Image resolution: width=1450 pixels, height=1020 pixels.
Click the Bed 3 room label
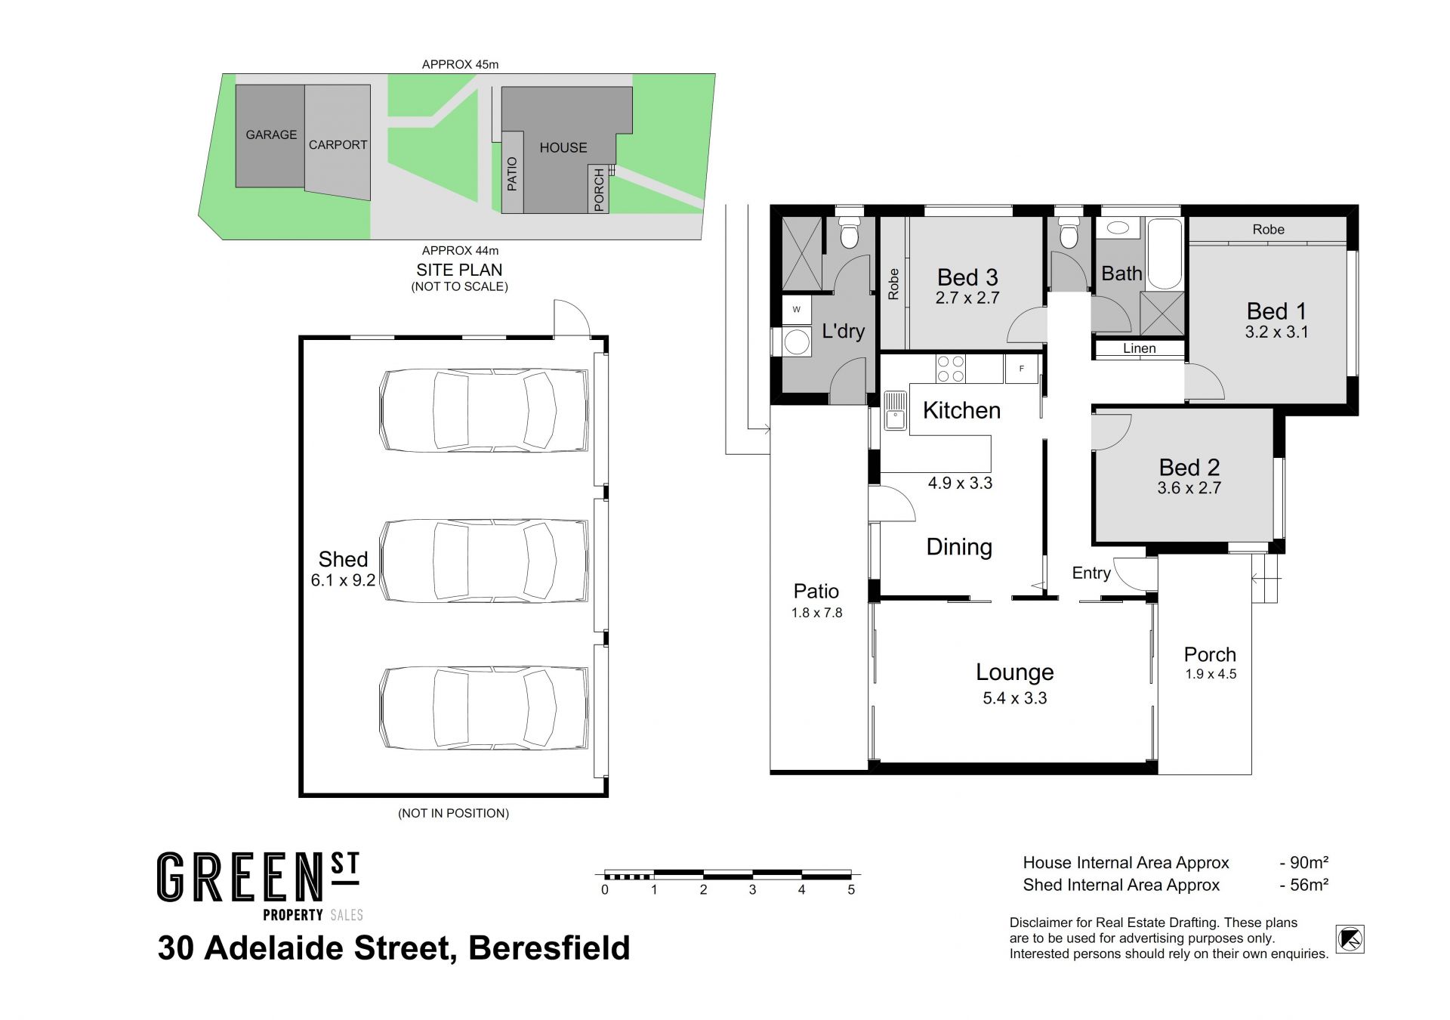click(967, 277)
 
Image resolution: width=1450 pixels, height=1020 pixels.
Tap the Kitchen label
click(961, 410)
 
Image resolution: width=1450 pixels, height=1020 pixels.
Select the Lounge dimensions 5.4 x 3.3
click(1014, 698)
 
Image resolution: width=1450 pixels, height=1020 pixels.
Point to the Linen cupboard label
click(1139, 348)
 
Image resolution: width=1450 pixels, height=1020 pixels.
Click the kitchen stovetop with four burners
click(951, 369)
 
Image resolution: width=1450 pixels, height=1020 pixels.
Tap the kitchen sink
click(895, 410)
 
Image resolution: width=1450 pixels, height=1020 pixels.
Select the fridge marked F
click(1021, 369)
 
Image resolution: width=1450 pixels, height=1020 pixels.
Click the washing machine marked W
click(796, 310)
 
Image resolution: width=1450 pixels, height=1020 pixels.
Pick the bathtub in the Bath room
click(1164, 254)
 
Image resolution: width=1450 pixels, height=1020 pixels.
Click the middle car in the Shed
click(484, 561)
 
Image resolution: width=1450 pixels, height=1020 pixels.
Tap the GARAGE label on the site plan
click(271, 134)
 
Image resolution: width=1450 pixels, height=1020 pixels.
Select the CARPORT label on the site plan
click(338, 144)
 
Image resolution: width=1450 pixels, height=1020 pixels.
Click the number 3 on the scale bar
click(752, 889)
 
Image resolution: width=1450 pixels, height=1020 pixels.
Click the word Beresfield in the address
click(549, 947)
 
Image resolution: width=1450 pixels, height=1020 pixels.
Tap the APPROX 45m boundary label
click(460, 64)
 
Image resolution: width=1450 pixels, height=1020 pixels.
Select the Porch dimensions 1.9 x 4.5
click(1211, 674)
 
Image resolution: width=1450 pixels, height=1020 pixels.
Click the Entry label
click(1091, 573)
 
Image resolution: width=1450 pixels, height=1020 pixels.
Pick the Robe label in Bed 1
click(1268, 229)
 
